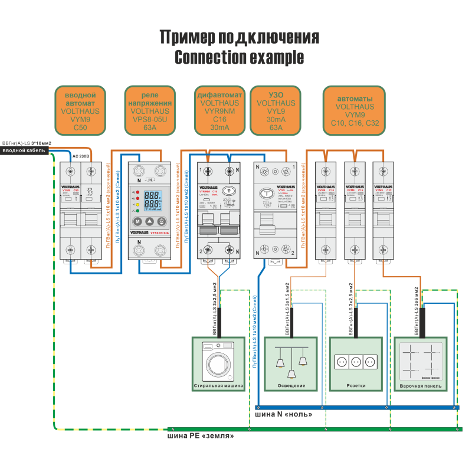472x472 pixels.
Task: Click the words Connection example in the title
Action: (x=239, y=58)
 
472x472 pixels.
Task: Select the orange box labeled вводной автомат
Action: (x=80, y=110)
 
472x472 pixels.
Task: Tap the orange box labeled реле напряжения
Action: (x=150, y=110)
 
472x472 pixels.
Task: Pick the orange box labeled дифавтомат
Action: (x=219, y=110)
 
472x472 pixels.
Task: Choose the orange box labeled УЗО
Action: (x=276, y=110)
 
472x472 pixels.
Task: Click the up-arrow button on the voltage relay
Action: (x=150, y=222)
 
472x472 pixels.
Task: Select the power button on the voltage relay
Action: (x=162, y=222)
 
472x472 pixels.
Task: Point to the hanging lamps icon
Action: (x=291, y=360)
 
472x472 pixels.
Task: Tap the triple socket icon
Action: (x=356, y=360)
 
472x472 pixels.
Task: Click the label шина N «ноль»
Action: (x=283, y=415)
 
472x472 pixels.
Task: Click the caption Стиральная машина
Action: (x=218, y=386)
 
